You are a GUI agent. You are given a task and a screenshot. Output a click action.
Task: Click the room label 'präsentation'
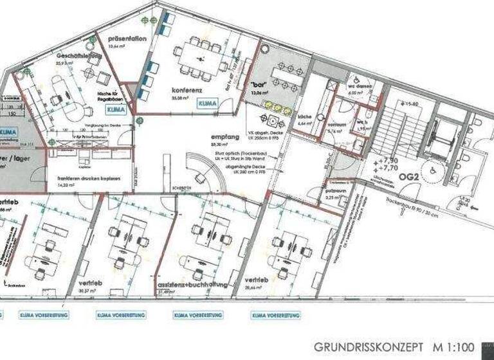point(127,39)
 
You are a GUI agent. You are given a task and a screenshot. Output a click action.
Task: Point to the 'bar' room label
point(259,85)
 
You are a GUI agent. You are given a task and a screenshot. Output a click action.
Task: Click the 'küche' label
point(304,117)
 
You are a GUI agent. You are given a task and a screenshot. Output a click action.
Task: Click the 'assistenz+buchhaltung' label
point(185,283)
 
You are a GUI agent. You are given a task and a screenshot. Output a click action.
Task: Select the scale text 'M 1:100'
point(459,346)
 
